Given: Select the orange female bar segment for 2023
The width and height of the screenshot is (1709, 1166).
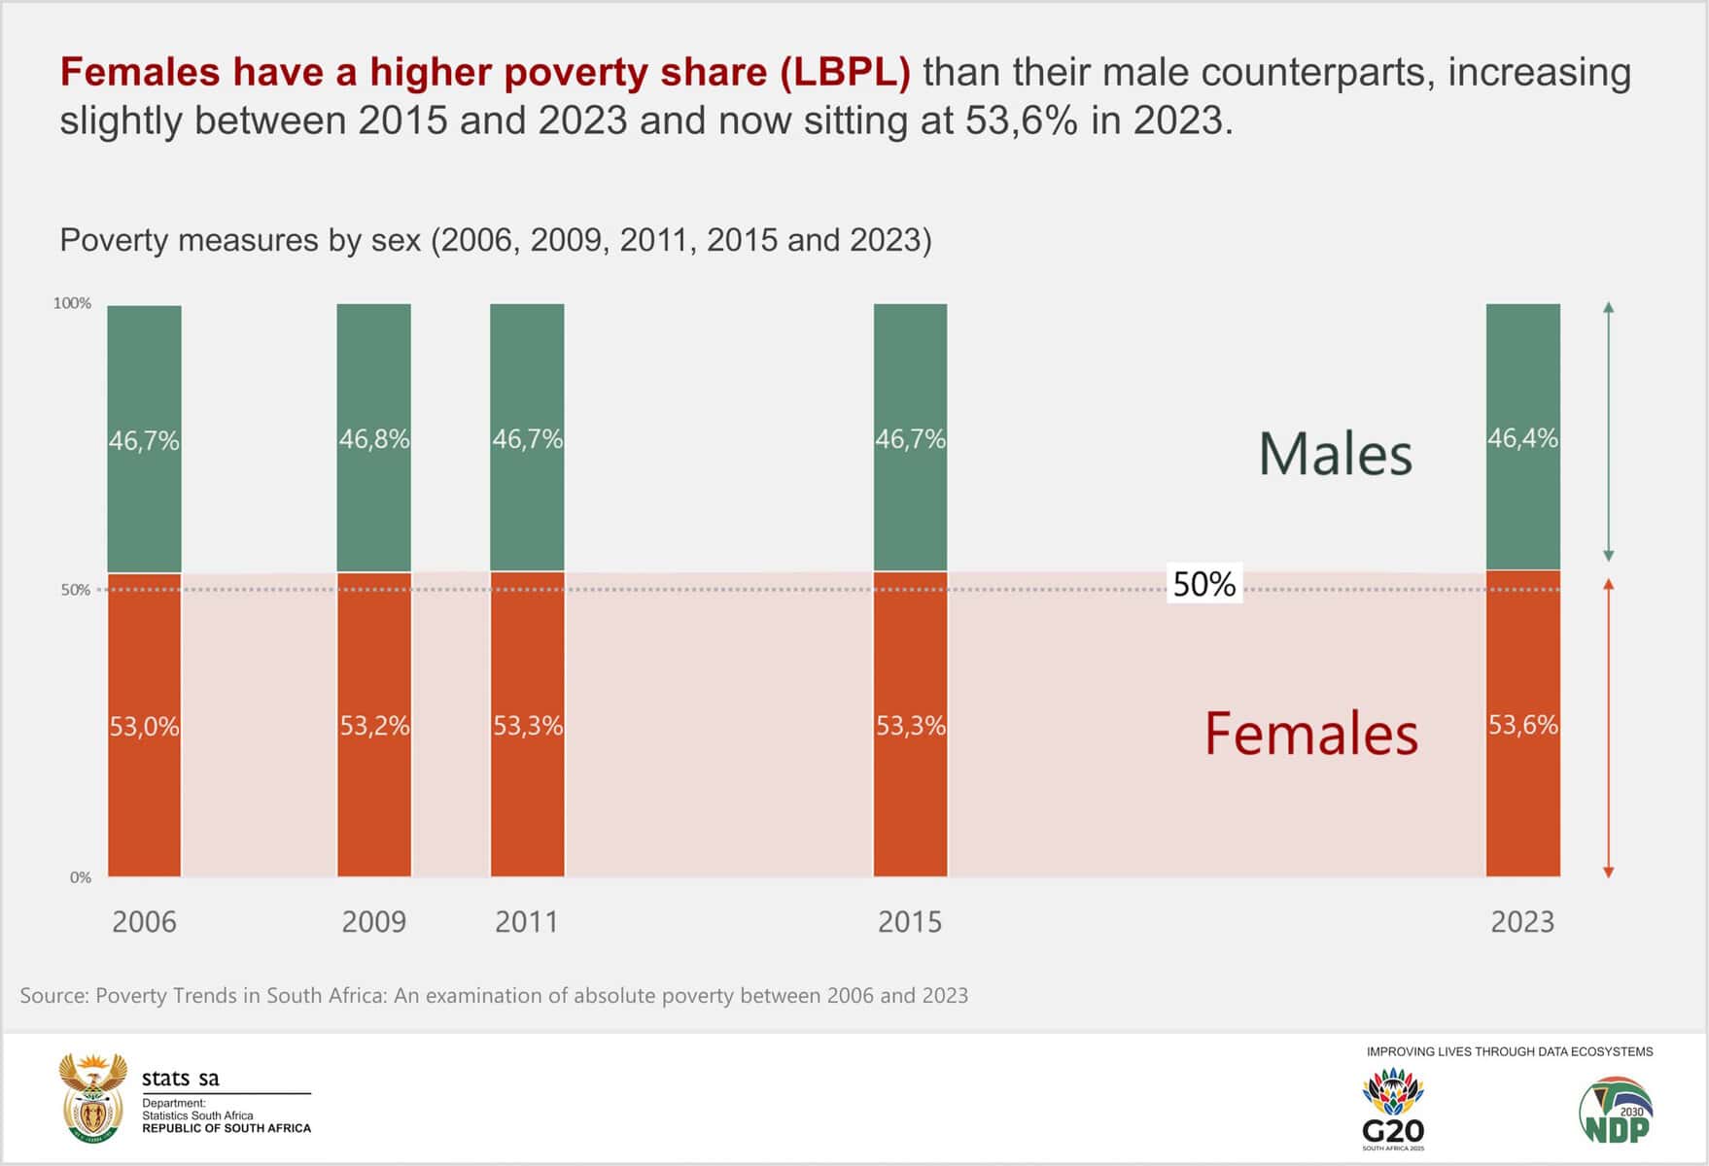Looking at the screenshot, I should (1522, 797).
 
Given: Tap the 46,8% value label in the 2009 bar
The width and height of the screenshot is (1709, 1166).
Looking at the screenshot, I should (374, 439).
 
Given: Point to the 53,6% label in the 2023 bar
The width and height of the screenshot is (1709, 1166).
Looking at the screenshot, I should (1522, 725).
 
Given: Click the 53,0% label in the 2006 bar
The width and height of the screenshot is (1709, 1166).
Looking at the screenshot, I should (144, 727).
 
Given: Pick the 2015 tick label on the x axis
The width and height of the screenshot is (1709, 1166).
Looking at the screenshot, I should (910, 921).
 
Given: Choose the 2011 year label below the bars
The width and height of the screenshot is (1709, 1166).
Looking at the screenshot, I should (527, 921).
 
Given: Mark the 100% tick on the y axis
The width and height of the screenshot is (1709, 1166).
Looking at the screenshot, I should (72, 303).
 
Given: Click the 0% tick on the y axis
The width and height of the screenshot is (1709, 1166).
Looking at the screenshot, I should (80, 877).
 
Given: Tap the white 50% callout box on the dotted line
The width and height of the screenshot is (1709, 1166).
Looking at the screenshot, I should (1204, 584).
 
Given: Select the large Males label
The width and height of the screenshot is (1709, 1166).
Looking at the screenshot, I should (1335, 454).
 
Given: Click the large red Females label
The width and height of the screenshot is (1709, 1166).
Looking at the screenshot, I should (1311, 734).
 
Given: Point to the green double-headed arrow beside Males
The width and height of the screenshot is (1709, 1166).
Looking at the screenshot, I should (1608, 432).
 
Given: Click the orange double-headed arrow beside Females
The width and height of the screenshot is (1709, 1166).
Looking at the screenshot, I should (1608, 729).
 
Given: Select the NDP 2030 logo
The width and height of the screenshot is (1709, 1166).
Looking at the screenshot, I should (1616, 1110).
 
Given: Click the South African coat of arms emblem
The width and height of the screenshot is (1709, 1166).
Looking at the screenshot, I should (92, 1097).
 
